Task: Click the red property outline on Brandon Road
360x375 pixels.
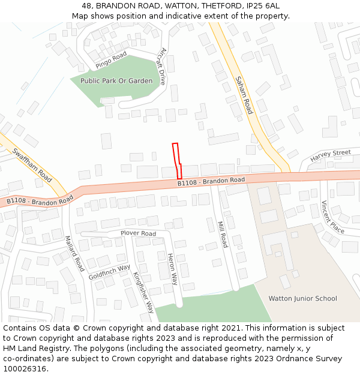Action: [x=176, y=160]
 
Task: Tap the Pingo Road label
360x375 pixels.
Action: [x=111, y=59]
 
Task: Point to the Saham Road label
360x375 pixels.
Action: [x=244, y=95]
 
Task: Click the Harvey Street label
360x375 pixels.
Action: [x=331, y=156]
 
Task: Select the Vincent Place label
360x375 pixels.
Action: [x=332, y=217]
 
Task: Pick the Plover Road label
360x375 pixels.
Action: [x=138, y=233]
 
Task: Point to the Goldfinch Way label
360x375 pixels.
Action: [x=109, y=272]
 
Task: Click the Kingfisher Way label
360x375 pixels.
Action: [x=144, y=293]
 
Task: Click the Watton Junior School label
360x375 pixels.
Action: [x=302, y=298]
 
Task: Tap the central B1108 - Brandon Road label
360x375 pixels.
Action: [x=211, y=181]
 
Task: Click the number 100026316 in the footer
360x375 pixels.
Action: [x=24, y=368]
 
